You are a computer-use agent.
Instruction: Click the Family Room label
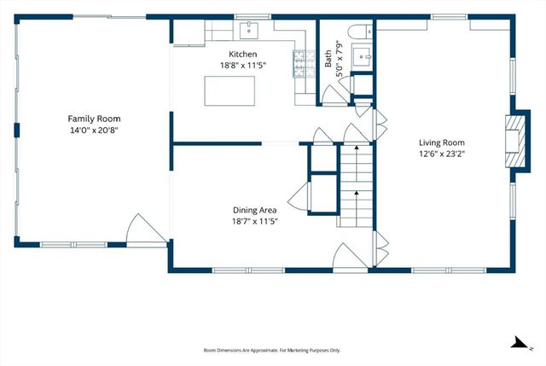(x=95, y=119)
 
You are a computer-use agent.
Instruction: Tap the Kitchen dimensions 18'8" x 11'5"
(x=235, y=65)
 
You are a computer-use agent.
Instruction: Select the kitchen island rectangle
(x=229, y=89)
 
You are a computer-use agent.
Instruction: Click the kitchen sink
(x=252, y=31)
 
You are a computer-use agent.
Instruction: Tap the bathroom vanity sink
(x=362, y=58)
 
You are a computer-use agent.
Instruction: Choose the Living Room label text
(x=441, y=142)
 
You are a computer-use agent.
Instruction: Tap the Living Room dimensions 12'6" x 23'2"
(x=441, y=154)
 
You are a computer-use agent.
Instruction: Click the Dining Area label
(x=256, y=209)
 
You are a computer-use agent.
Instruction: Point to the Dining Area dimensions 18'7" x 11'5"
(x=256, y=221)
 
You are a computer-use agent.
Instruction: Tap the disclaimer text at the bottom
(x=272, y=351)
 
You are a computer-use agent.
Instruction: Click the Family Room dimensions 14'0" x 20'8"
(x=95, y=131)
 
